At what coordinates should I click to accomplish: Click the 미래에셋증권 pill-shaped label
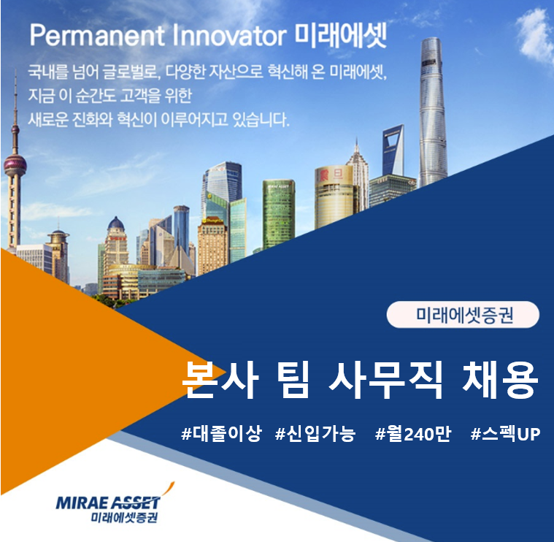(463, 314)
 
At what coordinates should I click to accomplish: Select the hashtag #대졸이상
(221, 433)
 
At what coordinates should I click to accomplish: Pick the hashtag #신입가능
(315, 433)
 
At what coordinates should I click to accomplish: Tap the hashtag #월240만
(413, 433)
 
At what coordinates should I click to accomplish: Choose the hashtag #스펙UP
(505, 433)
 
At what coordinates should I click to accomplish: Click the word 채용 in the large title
(500, 380)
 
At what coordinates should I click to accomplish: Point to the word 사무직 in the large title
(385, 380)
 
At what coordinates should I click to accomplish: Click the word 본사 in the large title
(220, 380)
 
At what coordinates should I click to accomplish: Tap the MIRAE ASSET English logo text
(108, 503)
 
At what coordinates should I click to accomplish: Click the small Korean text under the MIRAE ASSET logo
(124, 518)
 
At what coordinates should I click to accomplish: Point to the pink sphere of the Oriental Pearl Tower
(15, 164)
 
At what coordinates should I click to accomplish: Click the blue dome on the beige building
(116, 224)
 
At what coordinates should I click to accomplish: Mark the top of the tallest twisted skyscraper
(431, 38)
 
